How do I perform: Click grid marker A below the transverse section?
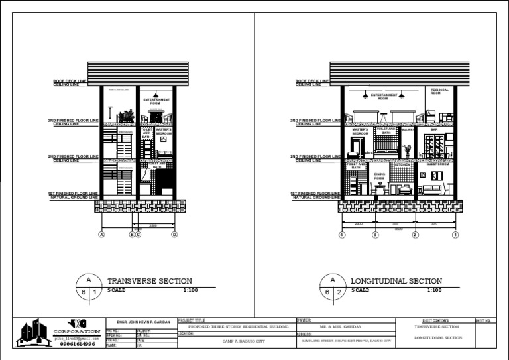coord(102,235)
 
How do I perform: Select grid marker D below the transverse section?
coord(175,235)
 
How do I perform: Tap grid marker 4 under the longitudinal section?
coord(343,235)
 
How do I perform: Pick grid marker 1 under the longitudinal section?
coord(455,235)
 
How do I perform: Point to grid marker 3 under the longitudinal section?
coord(375,235)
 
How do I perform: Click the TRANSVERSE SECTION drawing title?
coord(150,281)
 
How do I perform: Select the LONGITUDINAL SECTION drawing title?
coord(397,281)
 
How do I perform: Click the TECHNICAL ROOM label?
coord(439,91)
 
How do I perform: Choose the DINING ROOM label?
coord(380,176)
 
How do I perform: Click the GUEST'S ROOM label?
coord(437,164)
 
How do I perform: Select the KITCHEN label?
coord(403,164)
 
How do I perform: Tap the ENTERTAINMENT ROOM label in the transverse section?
coord(156,101)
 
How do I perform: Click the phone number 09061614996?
coord(78,344)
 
